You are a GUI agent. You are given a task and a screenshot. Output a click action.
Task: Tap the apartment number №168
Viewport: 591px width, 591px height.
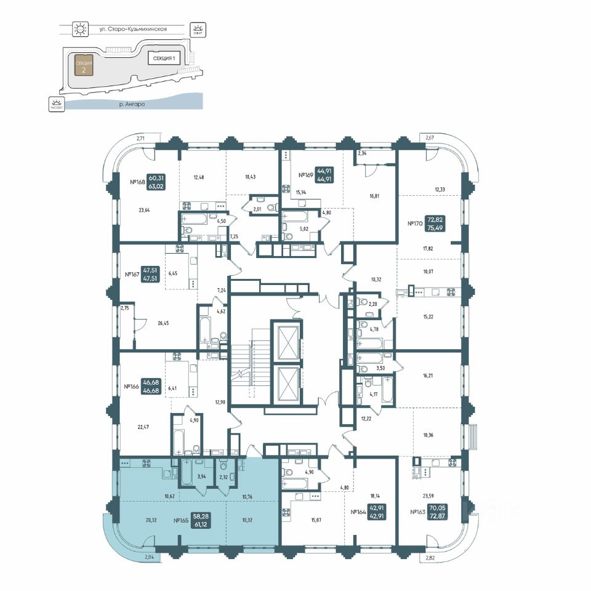tap(137, 182)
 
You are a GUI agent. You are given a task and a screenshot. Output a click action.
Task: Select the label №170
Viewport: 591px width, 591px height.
tap(417, 224)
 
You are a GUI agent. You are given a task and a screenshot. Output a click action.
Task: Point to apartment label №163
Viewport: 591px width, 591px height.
tap(420, 512)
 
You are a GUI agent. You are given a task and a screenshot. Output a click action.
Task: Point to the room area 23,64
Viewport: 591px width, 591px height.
tap(145, 209)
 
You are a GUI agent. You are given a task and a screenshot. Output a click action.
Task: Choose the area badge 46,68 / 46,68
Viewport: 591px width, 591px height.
tap(151, 386)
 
